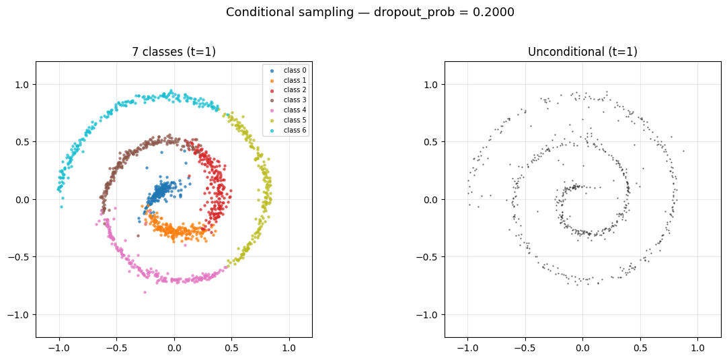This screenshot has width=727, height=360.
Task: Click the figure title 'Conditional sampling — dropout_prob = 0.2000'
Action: point(370,12)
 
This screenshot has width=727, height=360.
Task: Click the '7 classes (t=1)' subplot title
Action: point(174,52)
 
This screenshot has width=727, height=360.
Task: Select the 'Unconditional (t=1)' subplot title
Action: point(582,52)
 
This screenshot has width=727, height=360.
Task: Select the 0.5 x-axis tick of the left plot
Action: point(232,348)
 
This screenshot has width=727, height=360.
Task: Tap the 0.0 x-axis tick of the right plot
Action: point(582,348)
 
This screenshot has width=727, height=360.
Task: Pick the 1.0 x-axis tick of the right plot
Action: point(697,348)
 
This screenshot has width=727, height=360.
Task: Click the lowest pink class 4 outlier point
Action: point(145,292)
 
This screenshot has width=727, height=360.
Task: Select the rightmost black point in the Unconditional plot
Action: point(683,151)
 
